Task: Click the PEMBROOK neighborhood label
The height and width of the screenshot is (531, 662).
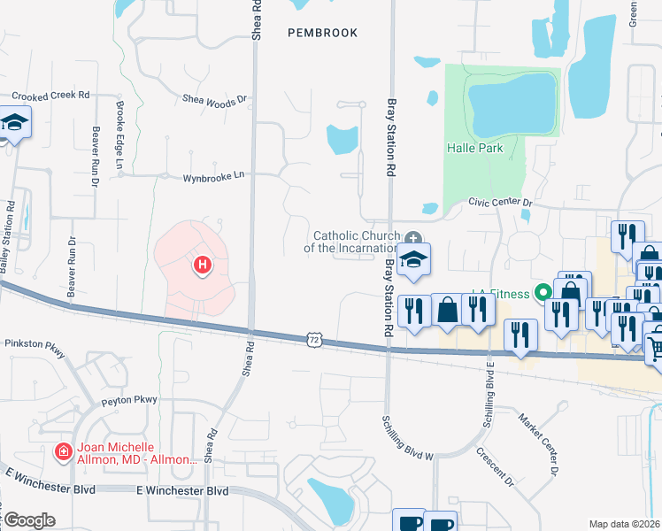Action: [x=323, y=33]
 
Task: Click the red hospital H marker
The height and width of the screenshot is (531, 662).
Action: [x=203, y=264]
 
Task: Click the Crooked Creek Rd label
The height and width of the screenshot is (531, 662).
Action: [x=50, y=95]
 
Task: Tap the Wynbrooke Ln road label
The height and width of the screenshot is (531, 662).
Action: [x=212, y=178]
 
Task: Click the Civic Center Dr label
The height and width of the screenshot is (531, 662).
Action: [x=501, y=204]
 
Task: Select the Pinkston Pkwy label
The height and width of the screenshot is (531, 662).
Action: [x=35, y=349]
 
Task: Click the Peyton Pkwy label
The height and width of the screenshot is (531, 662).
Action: [x=128, y=400]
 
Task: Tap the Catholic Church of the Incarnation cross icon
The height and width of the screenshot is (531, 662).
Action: [x=412, y=238]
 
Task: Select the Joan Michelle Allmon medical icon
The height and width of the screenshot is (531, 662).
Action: [x=63, y=453]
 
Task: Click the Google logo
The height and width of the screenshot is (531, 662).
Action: [x=29, y=520]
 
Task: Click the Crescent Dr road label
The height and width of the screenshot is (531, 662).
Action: [x=496, y=467]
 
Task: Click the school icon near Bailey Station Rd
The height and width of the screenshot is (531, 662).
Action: [x=15, y=124]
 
